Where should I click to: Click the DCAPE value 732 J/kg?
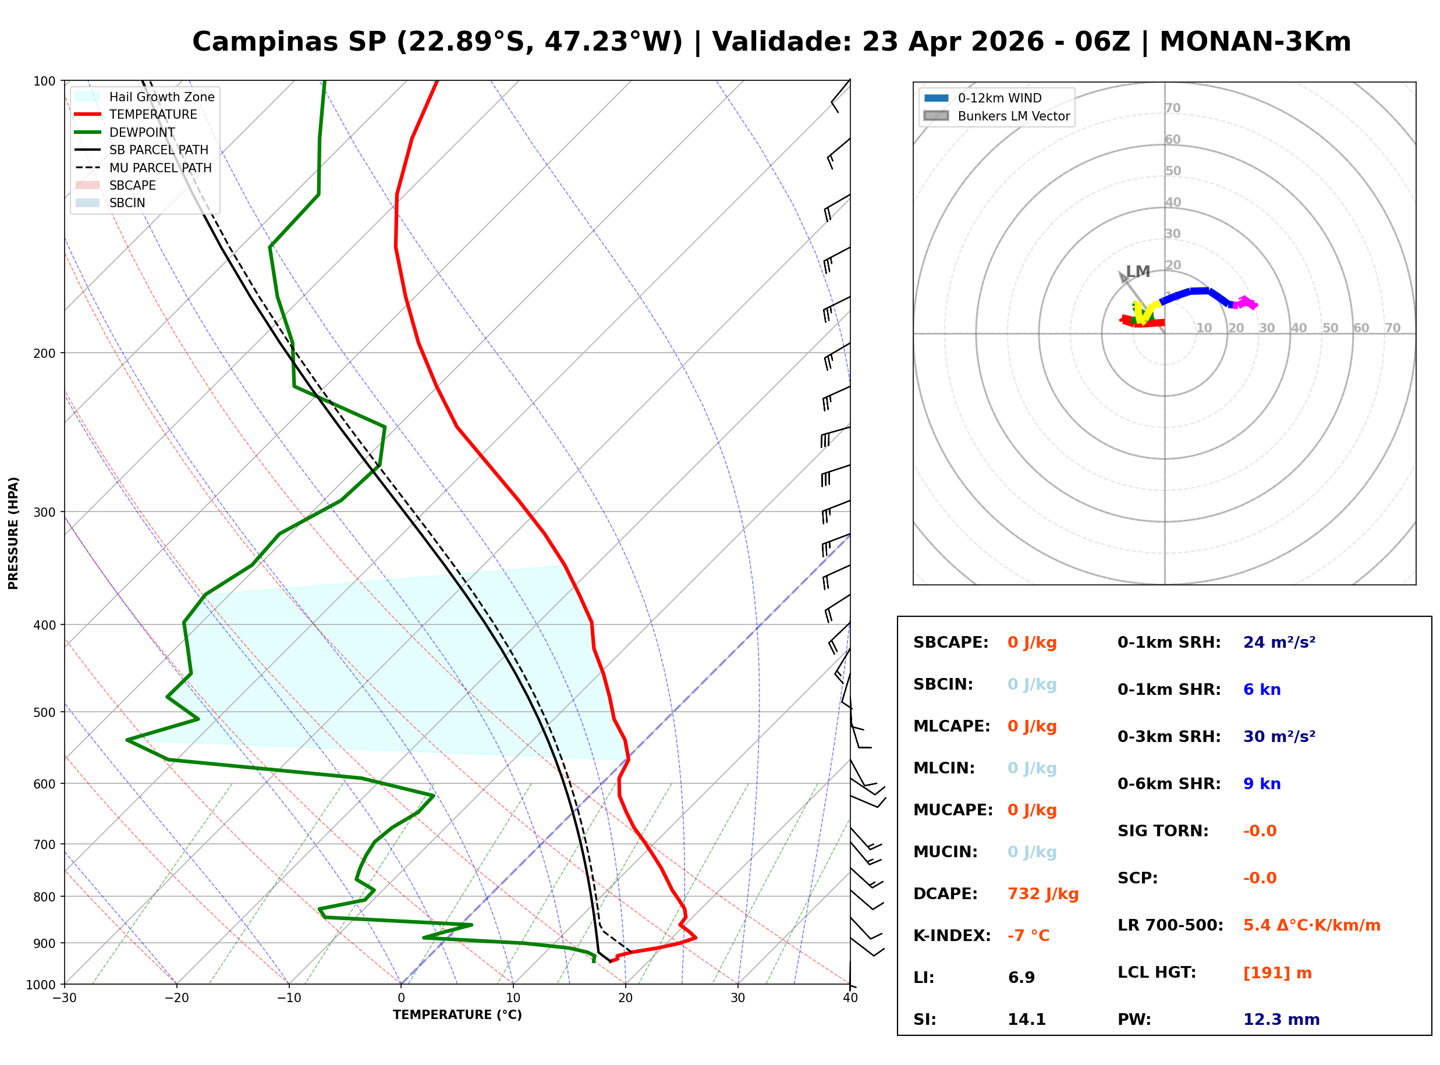[x=1042, y=893]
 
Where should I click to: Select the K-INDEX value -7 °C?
[x=1028, y=935]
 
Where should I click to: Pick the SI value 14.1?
[x=1026, y=1019]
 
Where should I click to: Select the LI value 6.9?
[x=1021, y=977]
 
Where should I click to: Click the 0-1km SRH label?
[x=1169, y=642]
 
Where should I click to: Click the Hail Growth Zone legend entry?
[x=161, y=97]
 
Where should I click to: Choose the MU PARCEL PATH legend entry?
[x=160, y=168]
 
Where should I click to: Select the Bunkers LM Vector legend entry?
[x=1013, y=116]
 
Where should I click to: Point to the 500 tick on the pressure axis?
[x=44, y=712]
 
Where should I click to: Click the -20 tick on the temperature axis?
[x=176, y=998]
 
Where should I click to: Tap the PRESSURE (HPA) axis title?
[x=13, y=532]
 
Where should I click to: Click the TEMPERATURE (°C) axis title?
[x=457, y=1015]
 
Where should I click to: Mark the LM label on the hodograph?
[x=1138, y=271]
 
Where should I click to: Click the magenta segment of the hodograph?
[x=1246, y=303]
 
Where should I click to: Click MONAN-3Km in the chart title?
[x=1254, y=42]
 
